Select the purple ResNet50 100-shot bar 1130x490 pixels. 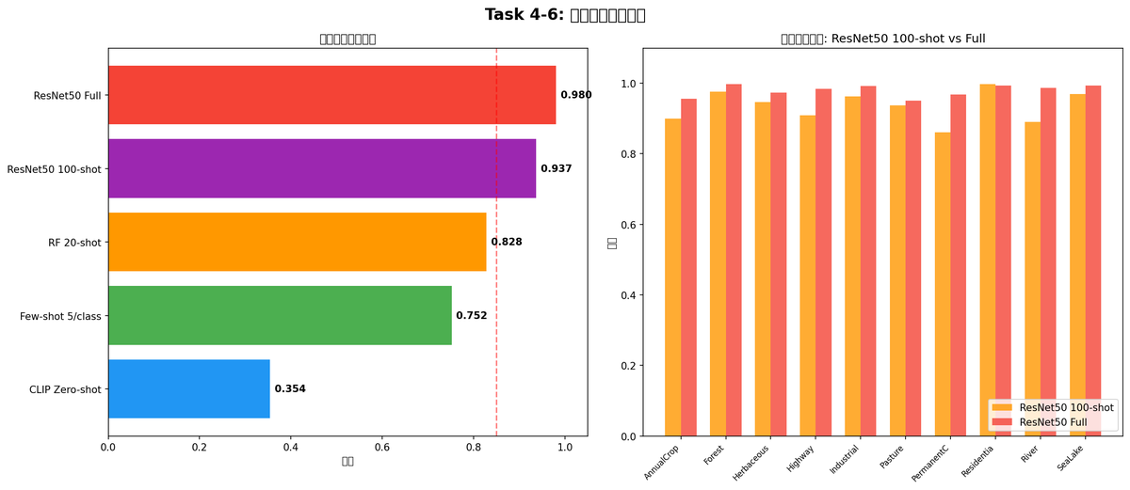pos(321,168)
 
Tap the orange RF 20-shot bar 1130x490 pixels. pos(297,242)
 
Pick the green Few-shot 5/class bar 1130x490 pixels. pos(280,315)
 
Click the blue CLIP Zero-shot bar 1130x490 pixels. pos(188,388)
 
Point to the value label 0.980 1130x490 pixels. pos(576,95)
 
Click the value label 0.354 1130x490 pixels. pos(290,389)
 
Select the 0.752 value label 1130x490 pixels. pos(472,316)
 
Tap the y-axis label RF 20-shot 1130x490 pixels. pos(74,243)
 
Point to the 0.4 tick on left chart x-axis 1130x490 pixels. pos(291,447)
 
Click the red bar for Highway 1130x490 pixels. pos(823,262)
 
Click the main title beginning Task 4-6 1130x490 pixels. pos(565,15)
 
